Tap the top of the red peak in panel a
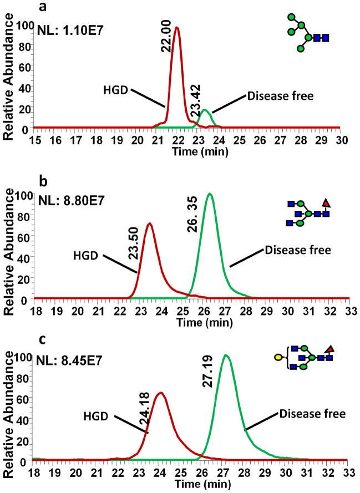click(177, 27)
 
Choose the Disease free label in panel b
click(298, 250)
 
